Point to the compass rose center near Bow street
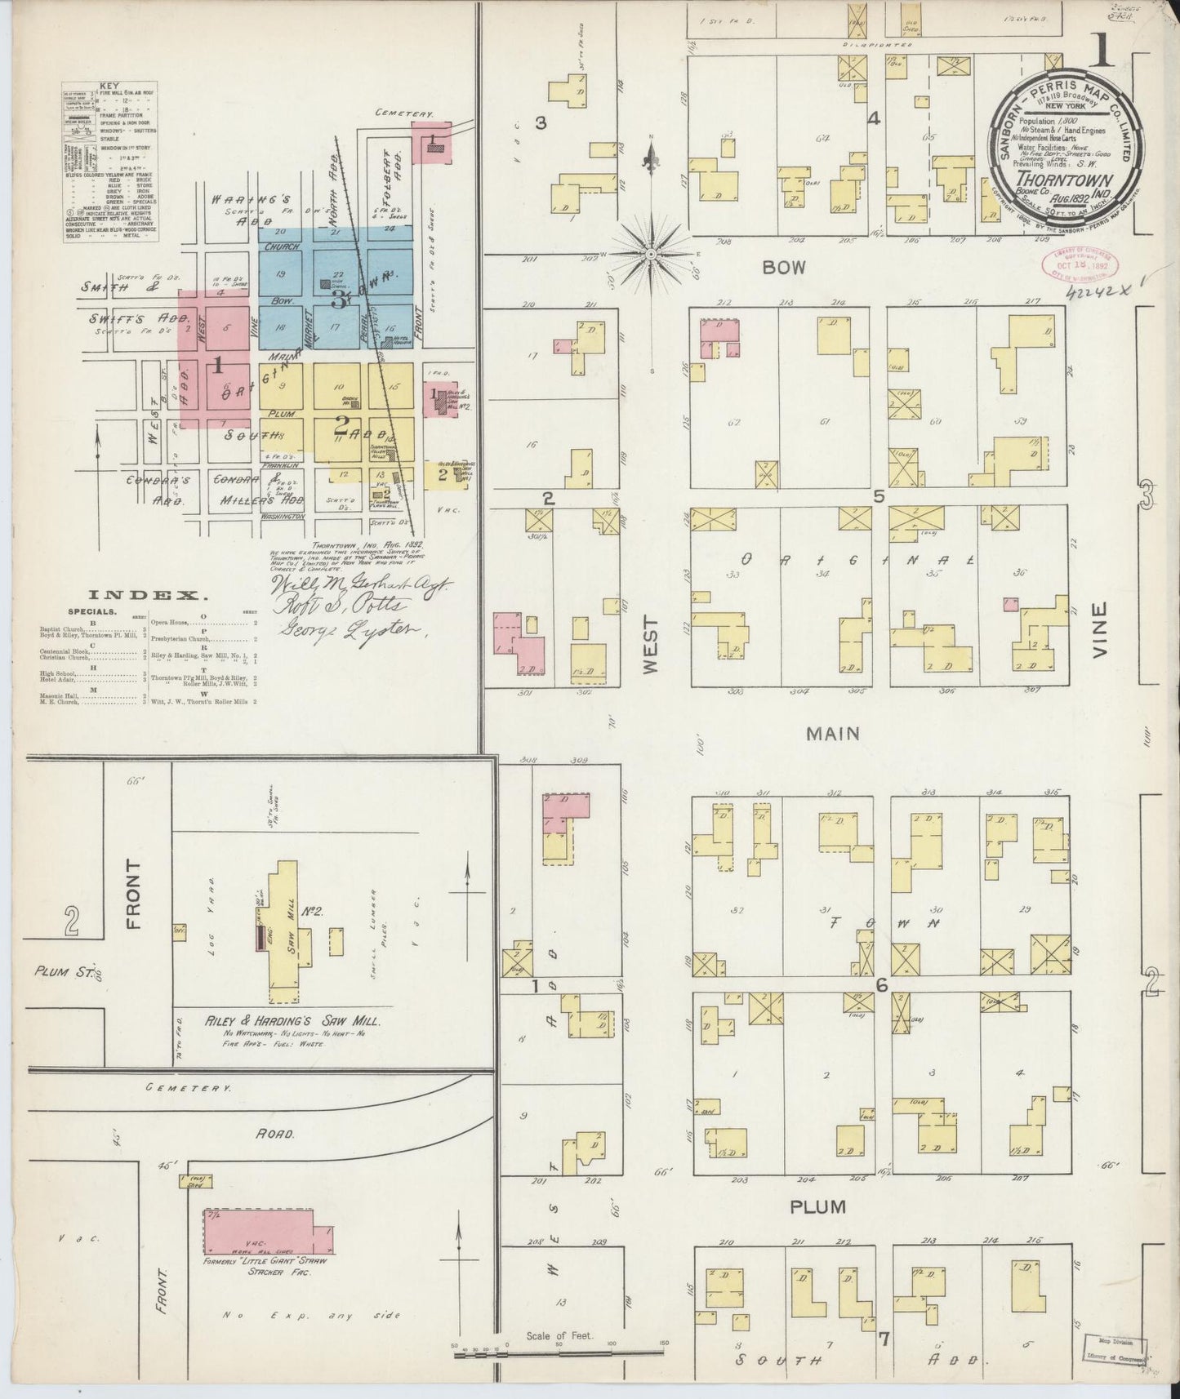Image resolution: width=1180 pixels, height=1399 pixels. click(651, 255)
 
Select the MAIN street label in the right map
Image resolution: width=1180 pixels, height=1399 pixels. click(832, 734)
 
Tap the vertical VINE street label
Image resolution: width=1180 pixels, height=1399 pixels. click(1098, 631)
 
